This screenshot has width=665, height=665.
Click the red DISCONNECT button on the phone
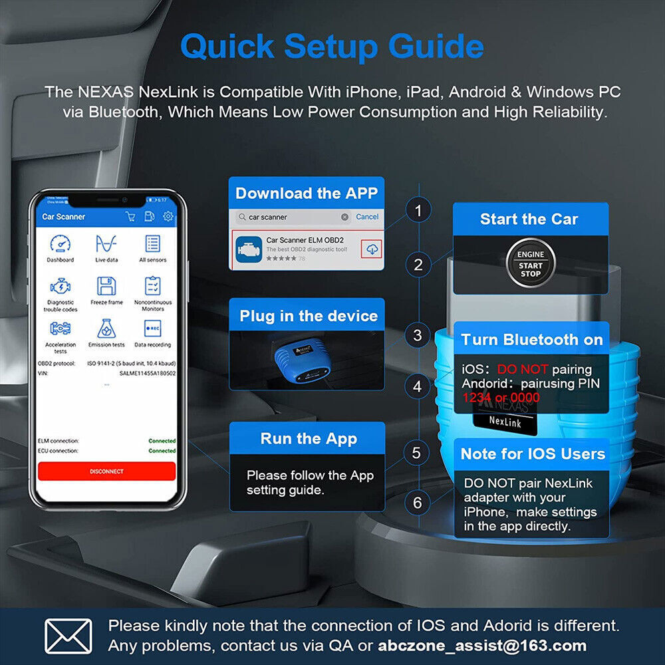pyautogui.click(x=106, y=471)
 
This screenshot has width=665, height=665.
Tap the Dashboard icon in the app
pyautogui.click(x=60, y=244)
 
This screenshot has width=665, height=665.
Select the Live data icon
pyautogui.click(x=106, y=244)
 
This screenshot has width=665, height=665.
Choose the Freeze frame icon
pyautogui.click(x=106, y=287)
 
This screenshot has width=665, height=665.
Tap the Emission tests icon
pyautogui.click(x=106, y=329)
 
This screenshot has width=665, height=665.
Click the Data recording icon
pyautogui.click(x=152, y=329)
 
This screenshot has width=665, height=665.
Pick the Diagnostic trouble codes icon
pyautogui.click(x=60, y=287)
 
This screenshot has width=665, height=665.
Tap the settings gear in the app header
pyautogui.click(x=168, y=216)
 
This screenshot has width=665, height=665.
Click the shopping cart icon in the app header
pyautogui.click(x=130, y=216)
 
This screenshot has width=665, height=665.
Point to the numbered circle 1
pyautogui.click(x=418, y=211)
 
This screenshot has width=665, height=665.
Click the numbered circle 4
pyautogui.click(x=418, y=386)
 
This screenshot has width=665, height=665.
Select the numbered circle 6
pyautogui.click(x=418, y=503)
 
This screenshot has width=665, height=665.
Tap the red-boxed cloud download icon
pyautogui.click(x=371, y=249)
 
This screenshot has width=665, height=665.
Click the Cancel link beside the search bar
pyautogui.click(x=367, y=217)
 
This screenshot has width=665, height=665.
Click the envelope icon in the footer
pyautogui.click(x=68, y=635)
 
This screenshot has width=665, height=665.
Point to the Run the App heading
pyautogui.click(x=309, y=439)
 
